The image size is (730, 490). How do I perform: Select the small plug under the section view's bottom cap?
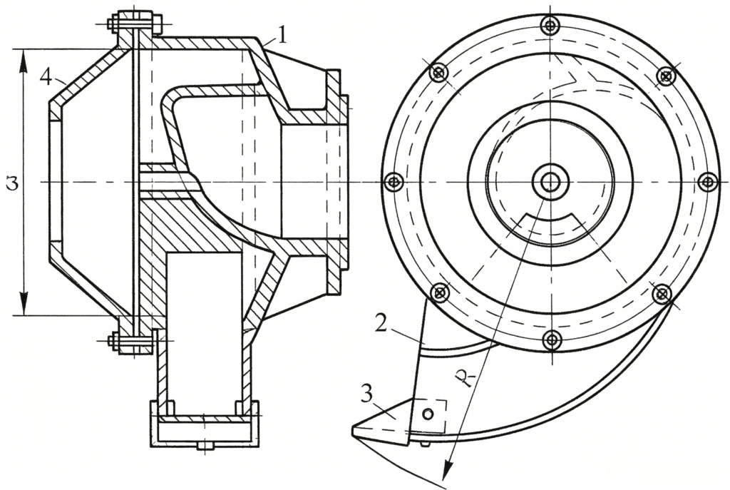(205, 446)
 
